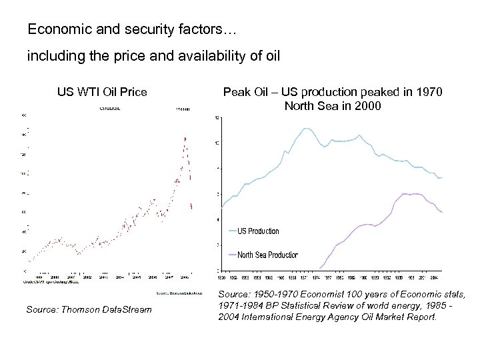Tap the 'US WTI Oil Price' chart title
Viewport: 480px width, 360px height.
[102, 91]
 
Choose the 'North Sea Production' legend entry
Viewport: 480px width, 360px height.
[267, 255]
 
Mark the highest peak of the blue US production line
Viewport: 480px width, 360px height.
[305, 128]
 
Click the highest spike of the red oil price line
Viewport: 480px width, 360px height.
[185, 137]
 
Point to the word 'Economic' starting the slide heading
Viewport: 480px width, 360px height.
[51, 30]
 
